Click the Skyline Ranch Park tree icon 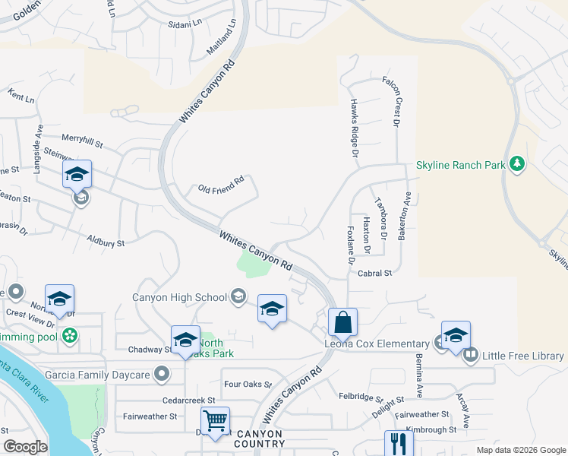(518, 165)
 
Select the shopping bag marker (343, 321)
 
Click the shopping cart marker (215, 420)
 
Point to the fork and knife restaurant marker (398, 442)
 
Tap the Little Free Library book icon (470, 355)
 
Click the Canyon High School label (179, 297)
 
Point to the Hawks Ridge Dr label (354, 128)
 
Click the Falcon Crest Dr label (396, 101)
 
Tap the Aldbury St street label (106, 242)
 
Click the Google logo (25, 446)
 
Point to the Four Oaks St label (247, 385)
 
